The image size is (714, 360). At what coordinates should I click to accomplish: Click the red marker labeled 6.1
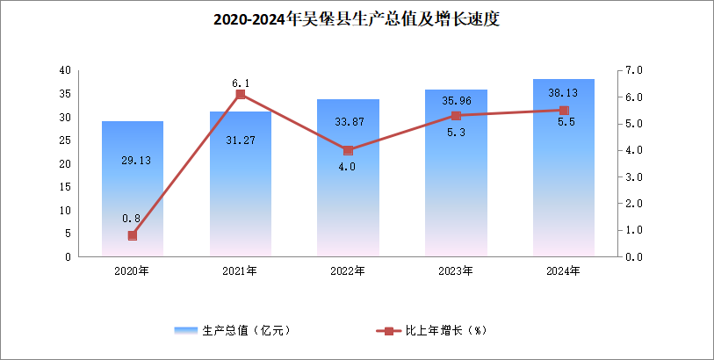coord(240,95)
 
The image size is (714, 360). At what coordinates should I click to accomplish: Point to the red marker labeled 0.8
coord(133,235)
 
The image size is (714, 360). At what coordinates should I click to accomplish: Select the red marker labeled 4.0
coord(348,150)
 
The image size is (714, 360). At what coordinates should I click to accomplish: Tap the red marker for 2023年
coord(456,116)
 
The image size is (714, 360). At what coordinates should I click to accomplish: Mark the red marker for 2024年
coord(564,111)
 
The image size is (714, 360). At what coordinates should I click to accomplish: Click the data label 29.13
coord(133,160)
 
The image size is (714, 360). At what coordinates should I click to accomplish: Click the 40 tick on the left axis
coord(65,70)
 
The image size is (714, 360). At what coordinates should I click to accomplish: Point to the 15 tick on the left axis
coord(65,187)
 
